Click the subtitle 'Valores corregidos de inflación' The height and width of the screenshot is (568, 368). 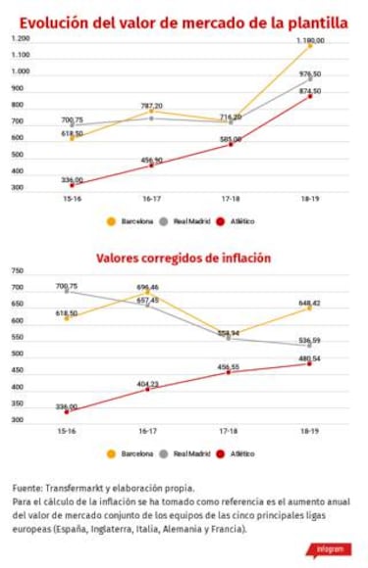coord(184,258)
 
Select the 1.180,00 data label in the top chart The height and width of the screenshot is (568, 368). coord(310,40)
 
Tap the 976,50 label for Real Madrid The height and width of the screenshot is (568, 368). coord(309,73)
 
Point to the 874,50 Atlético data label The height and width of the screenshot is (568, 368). coord(309,91)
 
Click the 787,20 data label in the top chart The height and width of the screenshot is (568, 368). coord(151,106)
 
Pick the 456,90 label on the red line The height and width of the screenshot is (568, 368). coord(151,160)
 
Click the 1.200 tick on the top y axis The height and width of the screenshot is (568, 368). coord(20,38)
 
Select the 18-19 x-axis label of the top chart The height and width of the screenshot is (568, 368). coord(309,199)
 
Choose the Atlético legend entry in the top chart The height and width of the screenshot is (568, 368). coord(236,221)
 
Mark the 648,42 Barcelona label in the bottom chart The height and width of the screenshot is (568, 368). coord(309,303)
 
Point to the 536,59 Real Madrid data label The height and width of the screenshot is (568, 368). coord(309,340)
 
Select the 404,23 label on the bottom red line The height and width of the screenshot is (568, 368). coord(148,384)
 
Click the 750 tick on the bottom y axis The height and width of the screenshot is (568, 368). coord(17,270)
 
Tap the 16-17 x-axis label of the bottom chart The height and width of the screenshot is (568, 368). coord(148,431)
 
